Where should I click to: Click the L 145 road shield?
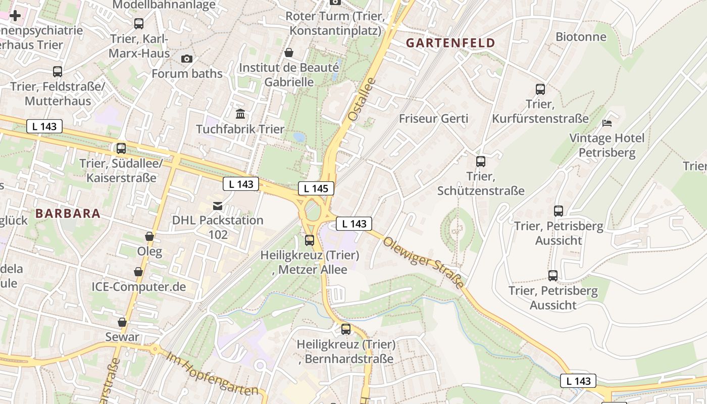pyautogui.click(x=316, y=188)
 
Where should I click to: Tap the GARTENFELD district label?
pyautogui.click(x=450, y=43)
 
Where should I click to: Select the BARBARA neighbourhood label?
pyautogui.click(x=68, y=214)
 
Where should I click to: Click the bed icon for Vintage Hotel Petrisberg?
pyautogui.click(x=607, y=123)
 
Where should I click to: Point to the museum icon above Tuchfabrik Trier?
pyautogui.click(x=240, y=114)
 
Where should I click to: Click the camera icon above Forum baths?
pyautogui.click(x=187, y=59)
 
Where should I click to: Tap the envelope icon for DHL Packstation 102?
pyautogui.click(x=218, y=206)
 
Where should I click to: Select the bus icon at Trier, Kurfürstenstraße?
pyautogui.click(x=540, y=89)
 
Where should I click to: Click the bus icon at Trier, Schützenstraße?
pyautogui.click(x=481, y=162)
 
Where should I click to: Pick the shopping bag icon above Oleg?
pyautogui.click(x=149, y=236)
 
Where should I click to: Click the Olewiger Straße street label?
pyautogui.click(x=423, y=263)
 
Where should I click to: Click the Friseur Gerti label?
pyautogui.click(x=433, y=119)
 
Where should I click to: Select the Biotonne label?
pyautogui.click(x=581, y=36)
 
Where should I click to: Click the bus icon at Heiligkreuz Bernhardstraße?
pyautogui.click(x=346, y=329)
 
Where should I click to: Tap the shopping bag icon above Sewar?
pyautogui.click(x=122, y=322)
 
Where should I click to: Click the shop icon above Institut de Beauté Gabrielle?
pyautogui.click(x=289, y=53)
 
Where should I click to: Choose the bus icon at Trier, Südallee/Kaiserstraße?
pyautogui.click(x=121, y=148)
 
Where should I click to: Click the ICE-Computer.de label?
pyautogui.click(x=138, y=287)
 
